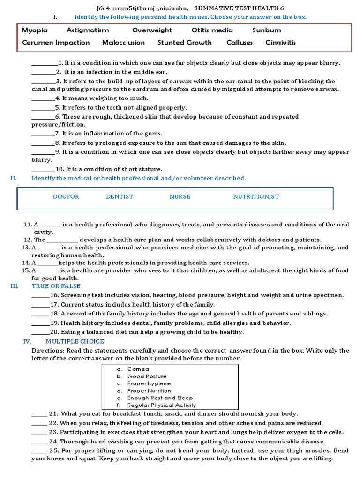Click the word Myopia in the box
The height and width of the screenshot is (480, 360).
pos(35,30)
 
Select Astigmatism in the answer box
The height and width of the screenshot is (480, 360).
pos(88,30)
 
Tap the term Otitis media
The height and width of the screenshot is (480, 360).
pos(212,30)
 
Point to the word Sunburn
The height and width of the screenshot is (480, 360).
pos(267,30)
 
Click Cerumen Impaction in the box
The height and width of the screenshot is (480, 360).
pos(56,42)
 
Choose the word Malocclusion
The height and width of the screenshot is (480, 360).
pos(124,42)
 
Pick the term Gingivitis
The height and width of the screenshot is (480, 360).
pos(281,42)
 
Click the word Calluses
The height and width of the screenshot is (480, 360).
pos(240,42)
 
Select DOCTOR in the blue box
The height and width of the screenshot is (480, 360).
pos(66,196)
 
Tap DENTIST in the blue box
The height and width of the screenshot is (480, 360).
pos(120,196)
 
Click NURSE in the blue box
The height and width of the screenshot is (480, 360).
pos(180,196)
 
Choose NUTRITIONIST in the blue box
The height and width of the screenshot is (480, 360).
pos(256,196)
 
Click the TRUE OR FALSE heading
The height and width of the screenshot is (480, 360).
pos(56,286)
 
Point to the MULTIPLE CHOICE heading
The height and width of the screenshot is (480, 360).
pos(75,341)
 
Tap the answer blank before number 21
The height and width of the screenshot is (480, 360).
pos(39,414)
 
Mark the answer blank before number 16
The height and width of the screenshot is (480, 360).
pos(40,296)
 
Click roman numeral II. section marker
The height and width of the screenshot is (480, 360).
pos(14,178)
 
